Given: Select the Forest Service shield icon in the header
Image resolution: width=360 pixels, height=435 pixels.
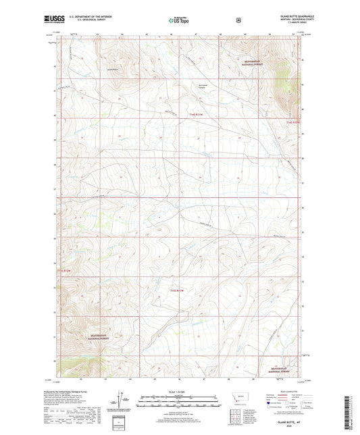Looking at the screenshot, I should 238,20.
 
